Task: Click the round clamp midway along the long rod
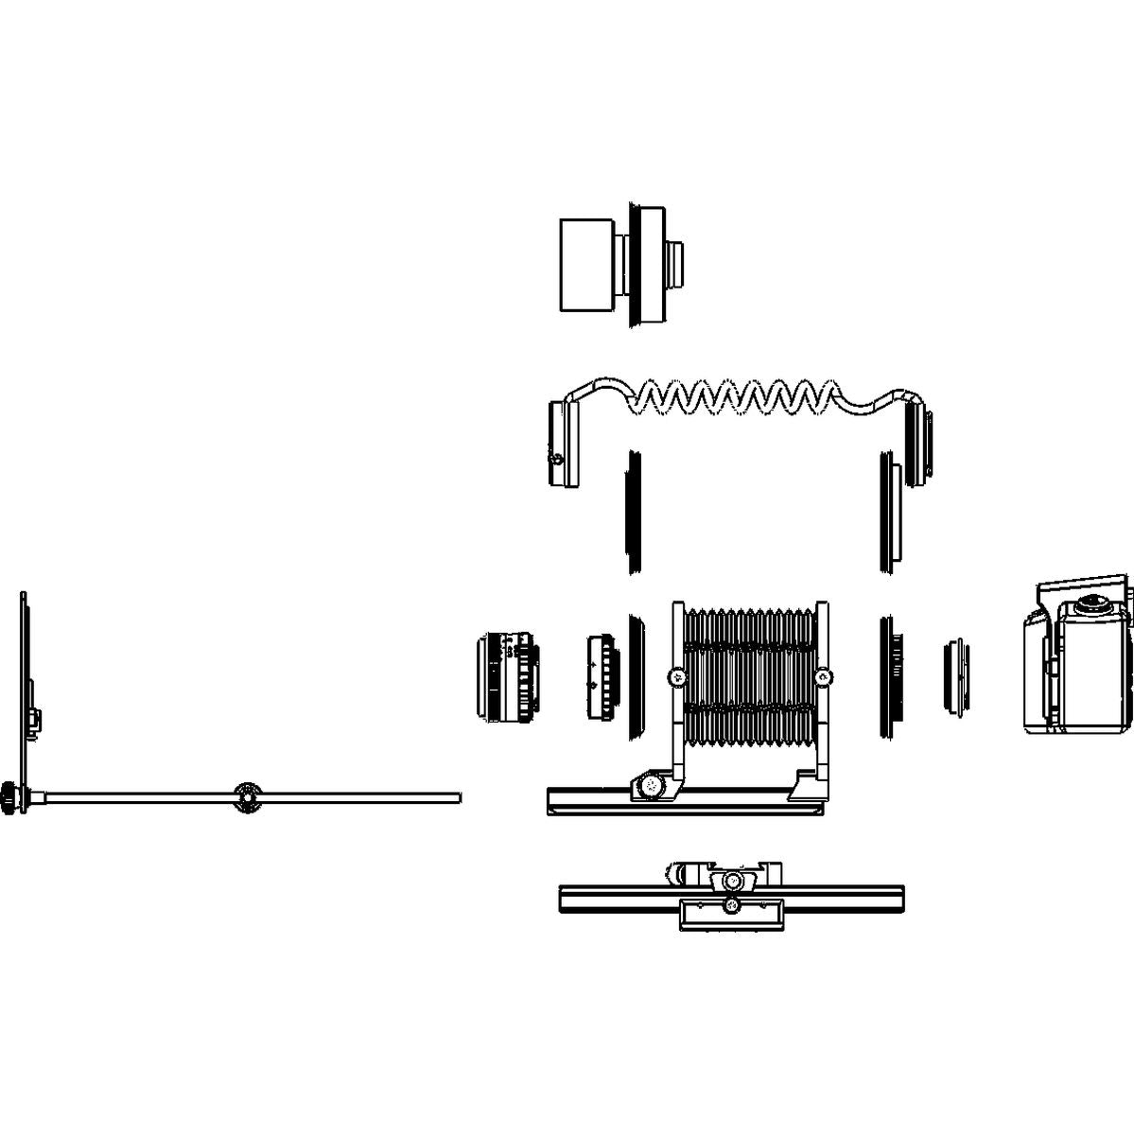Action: pos(248,798)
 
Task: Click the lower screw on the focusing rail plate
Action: pos(730,907)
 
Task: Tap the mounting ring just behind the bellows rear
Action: pos(889,677)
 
